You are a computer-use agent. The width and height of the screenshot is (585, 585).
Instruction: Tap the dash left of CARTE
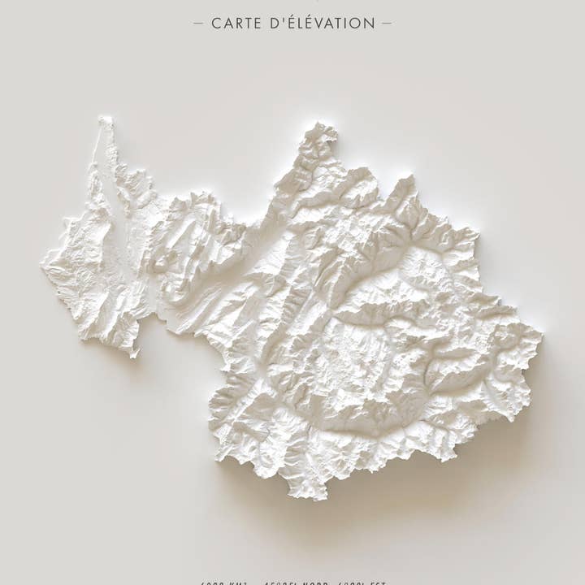pyautogui.click(x=199, y=24)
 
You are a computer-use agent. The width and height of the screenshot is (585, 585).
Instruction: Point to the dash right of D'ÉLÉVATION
pyautogui.click(x=386, y=24)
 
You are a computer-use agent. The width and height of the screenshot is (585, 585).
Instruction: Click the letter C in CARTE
pyautogui.click(x=216, y=24)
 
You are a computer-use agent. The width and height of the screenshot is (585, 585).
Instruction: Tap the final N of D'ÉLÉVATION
pyautogui.click(x=370, y=24)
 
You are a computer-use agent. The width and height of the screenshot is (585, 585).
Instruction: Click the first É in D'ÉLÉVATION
pyautogui.click(x=286, y=24)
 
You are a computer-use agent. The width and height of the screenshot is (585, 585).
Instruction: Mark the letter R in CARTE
pyautogui.click(x=236, y=24)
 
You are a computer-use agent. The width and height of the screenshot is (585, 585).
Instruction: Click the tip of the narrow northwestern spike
pyautogui.click(x=104, y=119)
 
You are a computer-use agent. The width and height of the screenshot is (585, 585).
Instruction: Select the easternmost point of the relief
pyautogui.click(x=541, y=332)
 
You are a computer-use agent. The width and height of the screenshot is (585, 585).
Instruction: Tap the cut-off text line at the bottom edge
pyautogui.click(x=292, y=582)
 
